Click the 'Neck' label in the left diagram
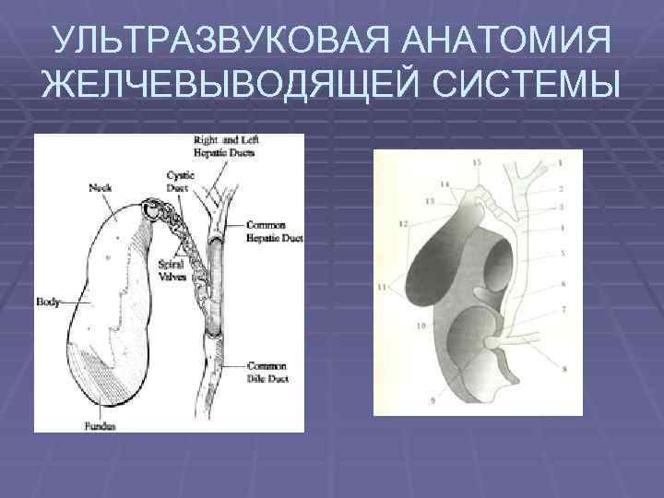(101, 187)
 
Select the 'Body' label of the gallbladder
(47, 301)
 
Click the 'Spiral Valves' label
(172, 268)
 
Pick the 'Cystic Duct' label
(178, 180)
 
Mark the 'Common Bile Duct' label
(267, 371)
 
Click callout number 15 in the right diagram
(476, 162)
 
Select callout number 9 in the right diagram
(433, 399)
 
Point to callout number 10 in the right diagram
(420, 326)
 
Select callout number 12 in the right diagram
(403, 223)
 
